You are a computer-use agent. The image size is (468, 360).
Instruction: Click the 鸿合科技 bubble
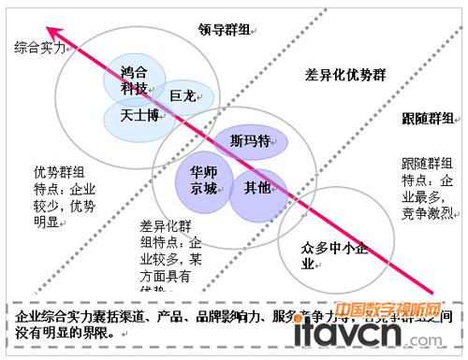point(133,78)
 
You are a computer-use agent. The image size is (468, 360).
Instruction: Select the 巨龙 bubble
point(183,96)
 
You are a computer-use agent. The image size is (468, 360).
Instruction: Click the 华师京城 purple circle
point(202,180)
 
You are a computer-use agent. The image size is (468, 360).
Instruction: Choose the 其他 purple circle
point(256,188)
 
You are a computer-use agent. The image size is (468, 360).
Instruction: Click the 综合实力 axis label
point(39,46)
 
